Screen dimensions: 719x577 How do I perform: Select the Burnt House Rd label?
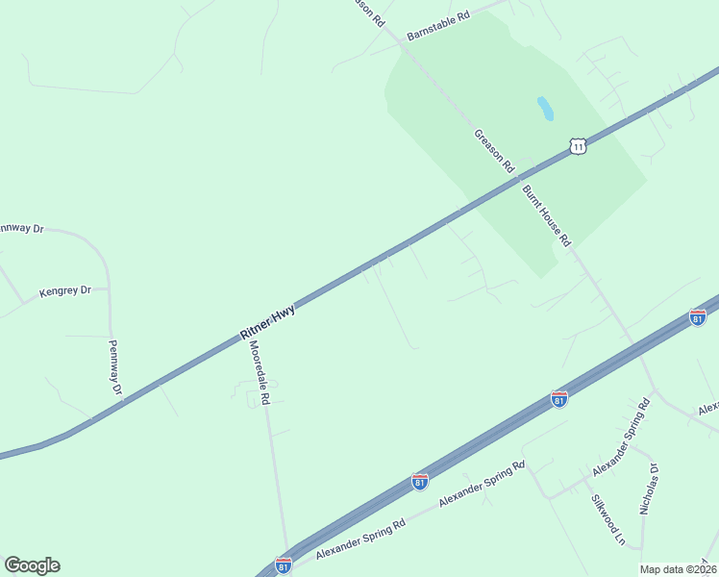tap(546, 215)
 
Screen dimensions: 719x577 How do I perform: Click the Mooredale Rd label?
tap(259, 371)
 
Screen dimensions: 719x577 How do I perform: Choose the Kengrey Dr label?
tap(64, 289)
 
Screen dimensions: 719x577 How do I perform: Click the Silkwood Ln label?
tap(607, 520)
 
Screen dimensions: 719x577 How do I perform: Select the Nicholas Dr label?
tap(649, 489)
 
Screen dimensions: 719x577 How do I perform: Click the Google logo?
tap(32, 565)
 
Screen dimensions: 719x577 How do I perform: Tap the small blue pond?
tap(545, 108)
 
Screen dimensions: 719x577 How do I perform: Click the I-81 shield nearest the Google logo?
tap(283, 565)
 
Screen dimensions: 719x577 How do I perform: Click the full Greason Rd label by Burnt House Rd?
tap(495, 151)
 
